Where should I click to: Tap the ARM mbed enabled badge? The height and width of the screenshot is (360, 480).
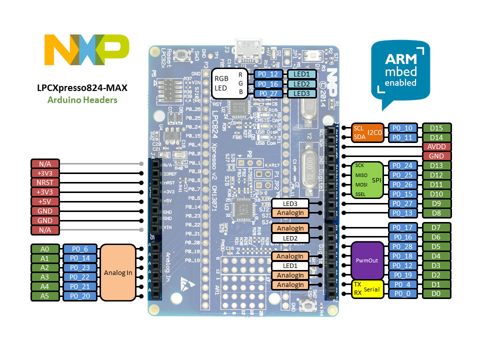click(x=400, y=72)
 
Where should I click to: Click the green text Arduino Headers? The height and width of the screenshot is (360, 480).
click(x=82, y=99)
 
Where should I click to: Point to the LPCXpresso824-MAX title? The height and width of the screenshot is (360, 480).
click(x=82, y=87)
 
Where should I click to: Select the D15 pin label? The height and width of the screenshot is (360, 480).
click(x=436, y=128)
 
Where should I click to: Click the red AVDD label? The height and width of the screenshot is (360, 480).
click(x=436, y=147)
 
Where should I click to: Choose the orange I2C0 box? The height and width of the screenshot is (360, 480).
click(x=367, y=132)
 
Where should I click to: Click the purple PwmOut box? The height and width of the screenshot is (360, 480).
click(x=367, y=260)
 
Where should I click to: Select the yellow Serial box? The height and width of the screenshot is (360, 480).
click(x=367, y=289)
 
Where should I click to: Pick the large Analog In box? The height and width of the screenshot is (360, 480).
click(x=118, y=272)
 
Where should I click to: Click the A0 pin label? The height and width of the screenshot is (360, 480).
click(x=45, y=249)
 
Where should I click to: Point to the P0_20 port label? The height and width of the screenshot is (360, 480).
click(x=79, y=296)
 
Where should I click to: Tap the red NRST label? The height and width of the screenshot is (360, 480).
click(x=45, y=182)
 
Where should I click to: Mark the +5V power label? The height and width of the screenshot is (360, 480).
click(x=45, y=201)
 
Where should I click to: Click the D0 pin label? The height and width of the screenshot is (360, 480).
click(x=436, y=293)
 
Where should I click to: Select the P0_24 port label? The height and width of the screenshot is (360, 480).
click(x=402, y=165)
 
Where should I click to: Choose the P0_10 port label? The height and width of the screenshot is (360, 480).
click(x=402, y=128)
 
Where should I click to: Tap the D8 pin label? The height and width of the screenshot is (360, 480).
click(x=436, y=213)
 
